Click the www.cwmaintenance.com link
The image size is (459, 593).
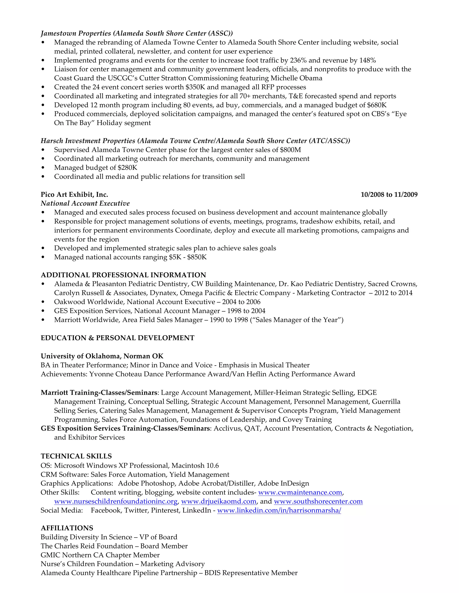pos(300,492)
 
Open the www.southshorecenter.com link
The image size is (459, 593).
pos(318,501)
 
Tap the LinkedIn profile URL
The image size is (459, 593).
pos(279,510)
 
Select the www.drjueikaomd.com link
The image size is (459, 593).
pos(219,501)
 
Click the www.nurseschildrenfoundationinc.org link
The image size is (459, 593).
pos(116,501)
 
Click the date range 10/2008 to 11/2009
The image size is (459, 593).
pos(389,194)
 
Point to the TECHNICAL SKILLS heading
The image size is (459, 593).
pos(76,456)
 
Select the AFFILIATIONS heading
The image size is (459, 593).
pos(67,528)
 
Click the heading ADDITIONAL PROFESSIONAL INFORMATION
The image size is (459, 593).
pos(123,275)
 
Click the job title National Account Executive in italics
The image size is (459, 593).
pos(85,203)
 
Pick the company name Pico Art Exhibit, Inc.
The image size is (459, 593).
pos(74,194)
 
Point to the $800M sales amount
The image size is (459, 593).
pos(290,150)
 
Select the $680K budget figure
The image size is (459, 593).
pos(377,105)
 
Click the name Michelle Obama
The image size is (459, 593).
pos(296,78)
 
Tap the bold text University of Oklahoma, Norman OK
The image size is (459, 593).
pos(102,356)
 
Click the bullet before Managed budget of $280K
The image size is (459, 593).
pos(43,168)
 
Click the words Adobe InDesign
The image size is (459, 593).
pos(283,483)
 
